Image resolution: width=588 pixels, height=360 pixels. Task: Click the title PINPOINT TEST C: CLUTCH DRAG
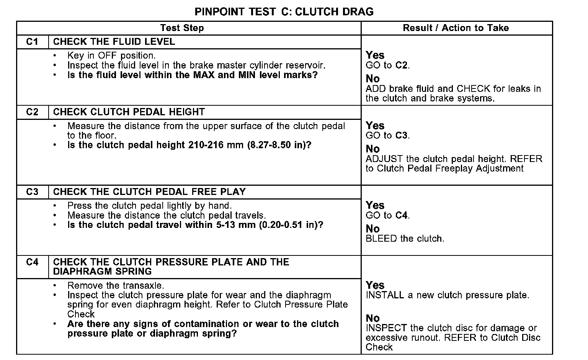pos(284,11)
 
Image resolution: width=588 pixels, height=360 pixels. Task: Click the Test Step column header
pos(182,28)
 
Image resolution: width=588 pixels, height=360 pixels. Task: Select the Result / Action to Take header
pos(456,28)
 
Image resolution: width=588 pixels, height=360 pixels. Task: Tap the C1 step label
pos(33,42)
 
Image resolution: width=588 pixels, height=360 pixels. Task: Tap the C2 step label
pos(33,112)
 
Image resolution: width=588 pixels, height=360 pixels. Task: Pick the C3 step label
pos(33,192)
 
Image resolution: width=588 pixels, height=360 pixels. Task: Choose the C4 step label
pos(33,262)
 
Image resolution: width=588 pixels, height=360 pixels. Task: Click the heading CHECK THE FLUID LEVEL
pos(114,42)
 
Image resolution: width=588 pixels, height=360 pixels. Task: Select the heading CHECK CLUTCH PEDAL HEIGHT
pos(129,112)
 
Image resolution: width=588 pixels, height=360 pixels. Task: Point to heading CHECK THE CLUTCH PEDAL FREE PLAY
pos(149,192)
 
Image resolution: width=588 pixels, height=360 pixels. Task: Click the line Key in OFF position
pos(111,56)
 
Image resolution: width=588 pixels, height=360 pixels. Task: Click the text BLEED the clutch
pos(405,239)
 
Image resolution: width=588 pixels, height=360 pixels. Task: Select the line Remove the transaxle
pos(116,286)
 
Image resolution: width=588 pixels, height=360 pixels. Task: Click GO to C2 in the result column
pos(387,65)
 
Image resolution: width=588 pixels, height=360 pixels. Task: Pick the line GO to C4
pos(387,216)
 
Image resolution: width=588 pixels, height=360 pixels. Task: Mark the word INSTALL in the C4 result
pos(385,295)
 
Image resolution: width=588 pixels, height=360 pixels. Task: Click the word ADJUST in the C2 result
pos(384,159)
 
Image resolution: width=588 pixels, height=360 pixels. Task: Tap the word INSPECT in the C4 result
pos(386,328)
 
